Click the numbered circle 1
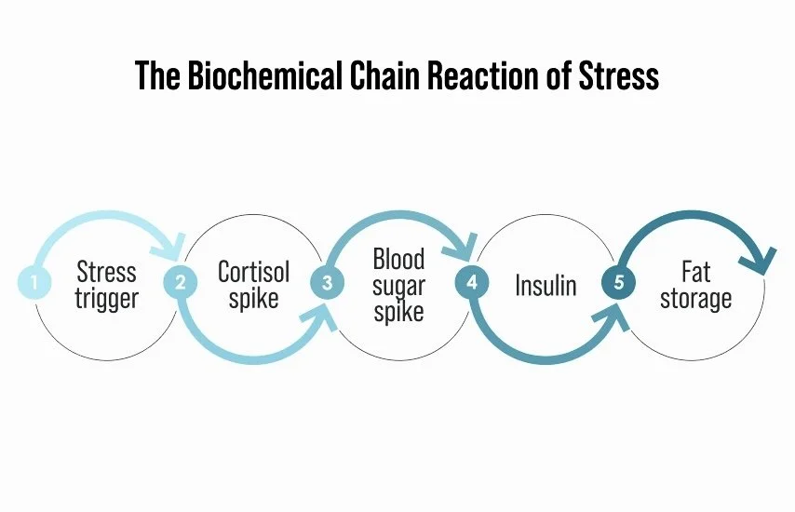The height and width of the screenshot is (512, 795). tap(34, 281)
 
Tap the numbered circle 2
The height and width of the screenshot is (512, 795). tap(180, 281)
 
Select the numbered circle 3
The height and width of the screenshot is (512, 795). tap(326, 281)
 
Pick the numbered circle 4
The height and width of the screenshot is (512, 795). tap(471, 281)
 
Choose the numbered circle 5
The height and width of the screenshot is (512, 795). tap(617, 281)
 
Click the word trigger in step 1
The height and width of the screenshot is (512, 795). tap(106, 299)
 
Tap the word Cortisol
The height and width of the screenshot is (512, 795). tap(253, 272)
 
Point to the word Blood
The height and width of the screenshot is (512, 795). tap(398, 259)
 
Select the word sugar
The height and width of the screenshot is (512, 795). tap(398, 286)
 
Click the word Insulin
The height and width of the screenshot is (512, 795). tap(546, 285)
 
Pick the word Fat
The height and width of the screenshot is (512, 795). tap(695, 272)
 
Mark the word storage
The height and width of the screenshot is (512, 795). tap(695, 299)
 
